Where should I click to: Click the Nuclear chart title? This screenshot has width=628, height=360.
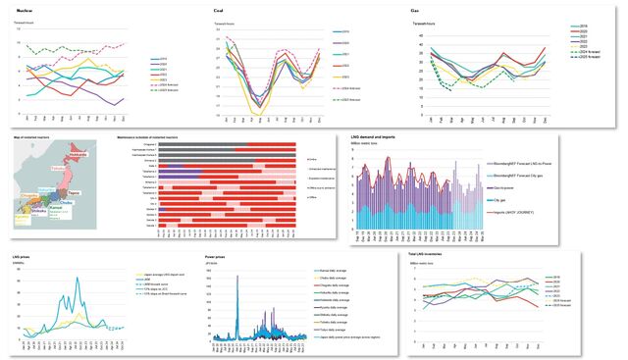coord(27,11)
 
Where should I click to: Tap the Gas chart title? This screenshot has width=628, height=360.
coord(416,11)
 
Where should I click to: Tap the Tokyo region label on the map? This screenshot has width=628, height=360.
coord(74,194)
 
